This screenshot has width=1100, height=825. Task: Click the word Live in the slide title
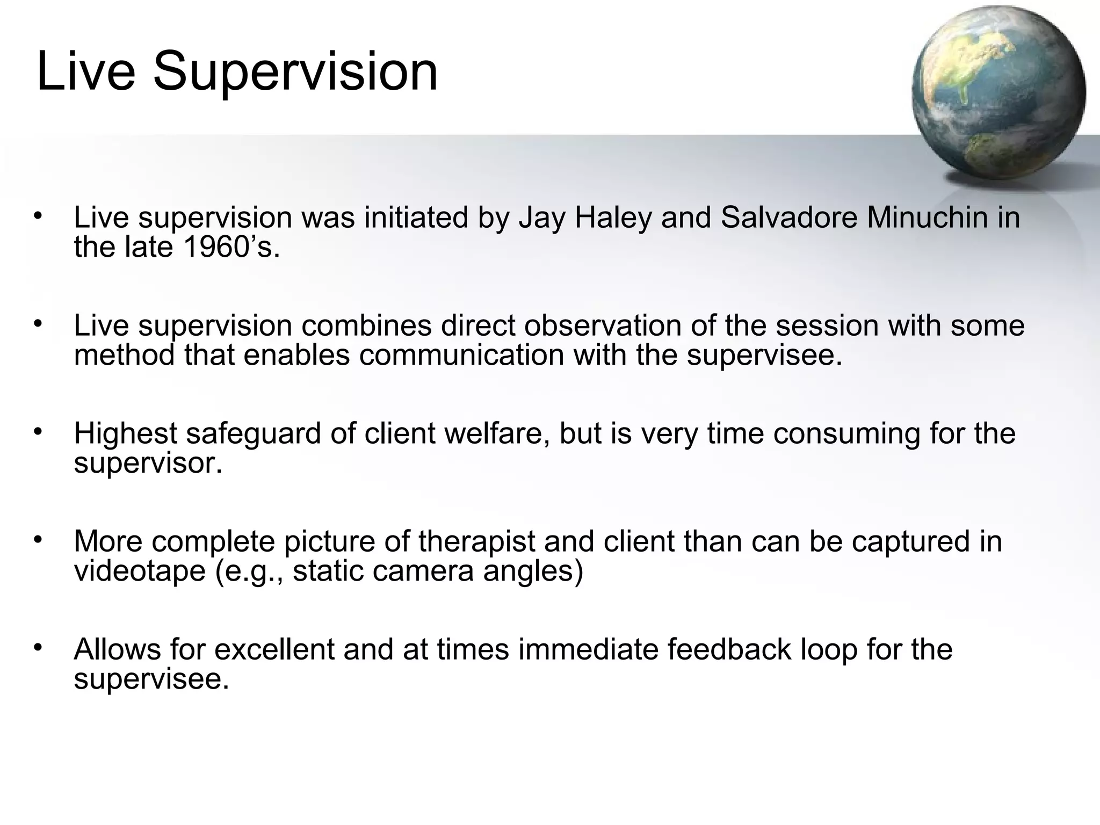pyautogui.click(x=85, y=71)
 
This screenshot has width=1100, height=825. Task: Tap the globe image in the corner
pyautogui.click(x=998, y=93)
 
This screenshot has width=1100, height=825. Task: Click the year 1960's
pyautogui.click(x=231, y=248)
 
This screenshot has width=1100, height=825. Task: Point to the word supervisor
pyautogui.click(x=148, y=463)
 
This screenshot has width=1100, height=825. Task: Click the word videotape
pyautogui.click(x=140, y=570)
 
